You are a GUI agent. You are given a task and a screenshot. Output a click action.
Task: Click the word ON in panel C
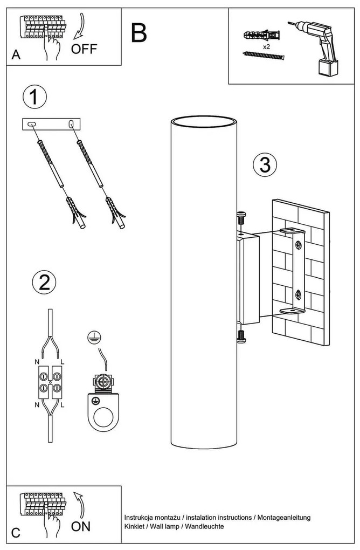pos(81,526)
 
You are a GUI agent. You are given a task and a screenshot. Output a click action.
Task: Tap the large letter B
pos(138,33)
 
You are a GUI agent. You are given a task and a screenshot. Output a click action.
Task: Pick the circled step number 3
pos(264,164)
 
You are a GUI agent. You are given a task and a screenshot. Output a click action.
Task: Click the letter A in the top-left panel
pos(16,56)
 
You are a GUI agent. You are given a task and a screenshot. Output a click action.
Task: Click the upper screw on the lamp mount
pos(241,218)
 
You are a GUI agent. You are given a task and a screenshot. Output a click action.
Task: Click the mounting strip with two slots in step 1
pos(51,124)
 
